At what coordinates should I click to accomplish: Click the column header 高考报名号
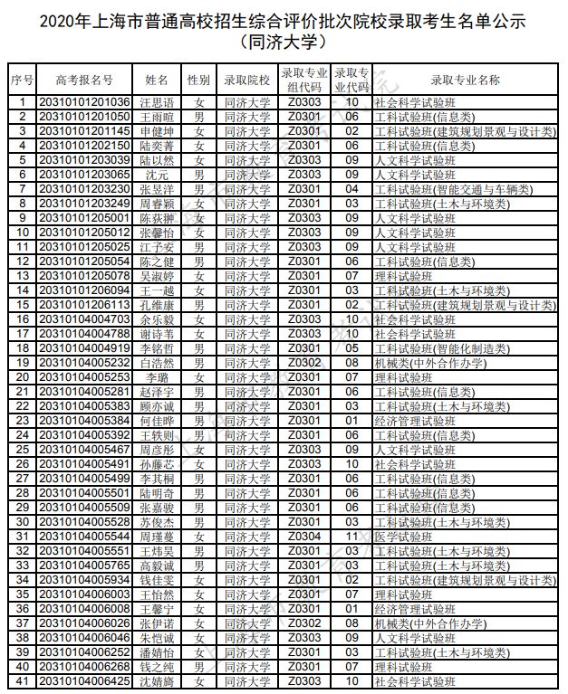point(84,80)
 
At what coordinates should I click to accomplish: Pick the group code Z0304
point(304,537)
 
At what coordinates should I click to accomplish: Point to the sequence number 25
point(22,450)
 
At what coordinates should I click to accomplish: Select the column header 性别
point(199,80)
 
